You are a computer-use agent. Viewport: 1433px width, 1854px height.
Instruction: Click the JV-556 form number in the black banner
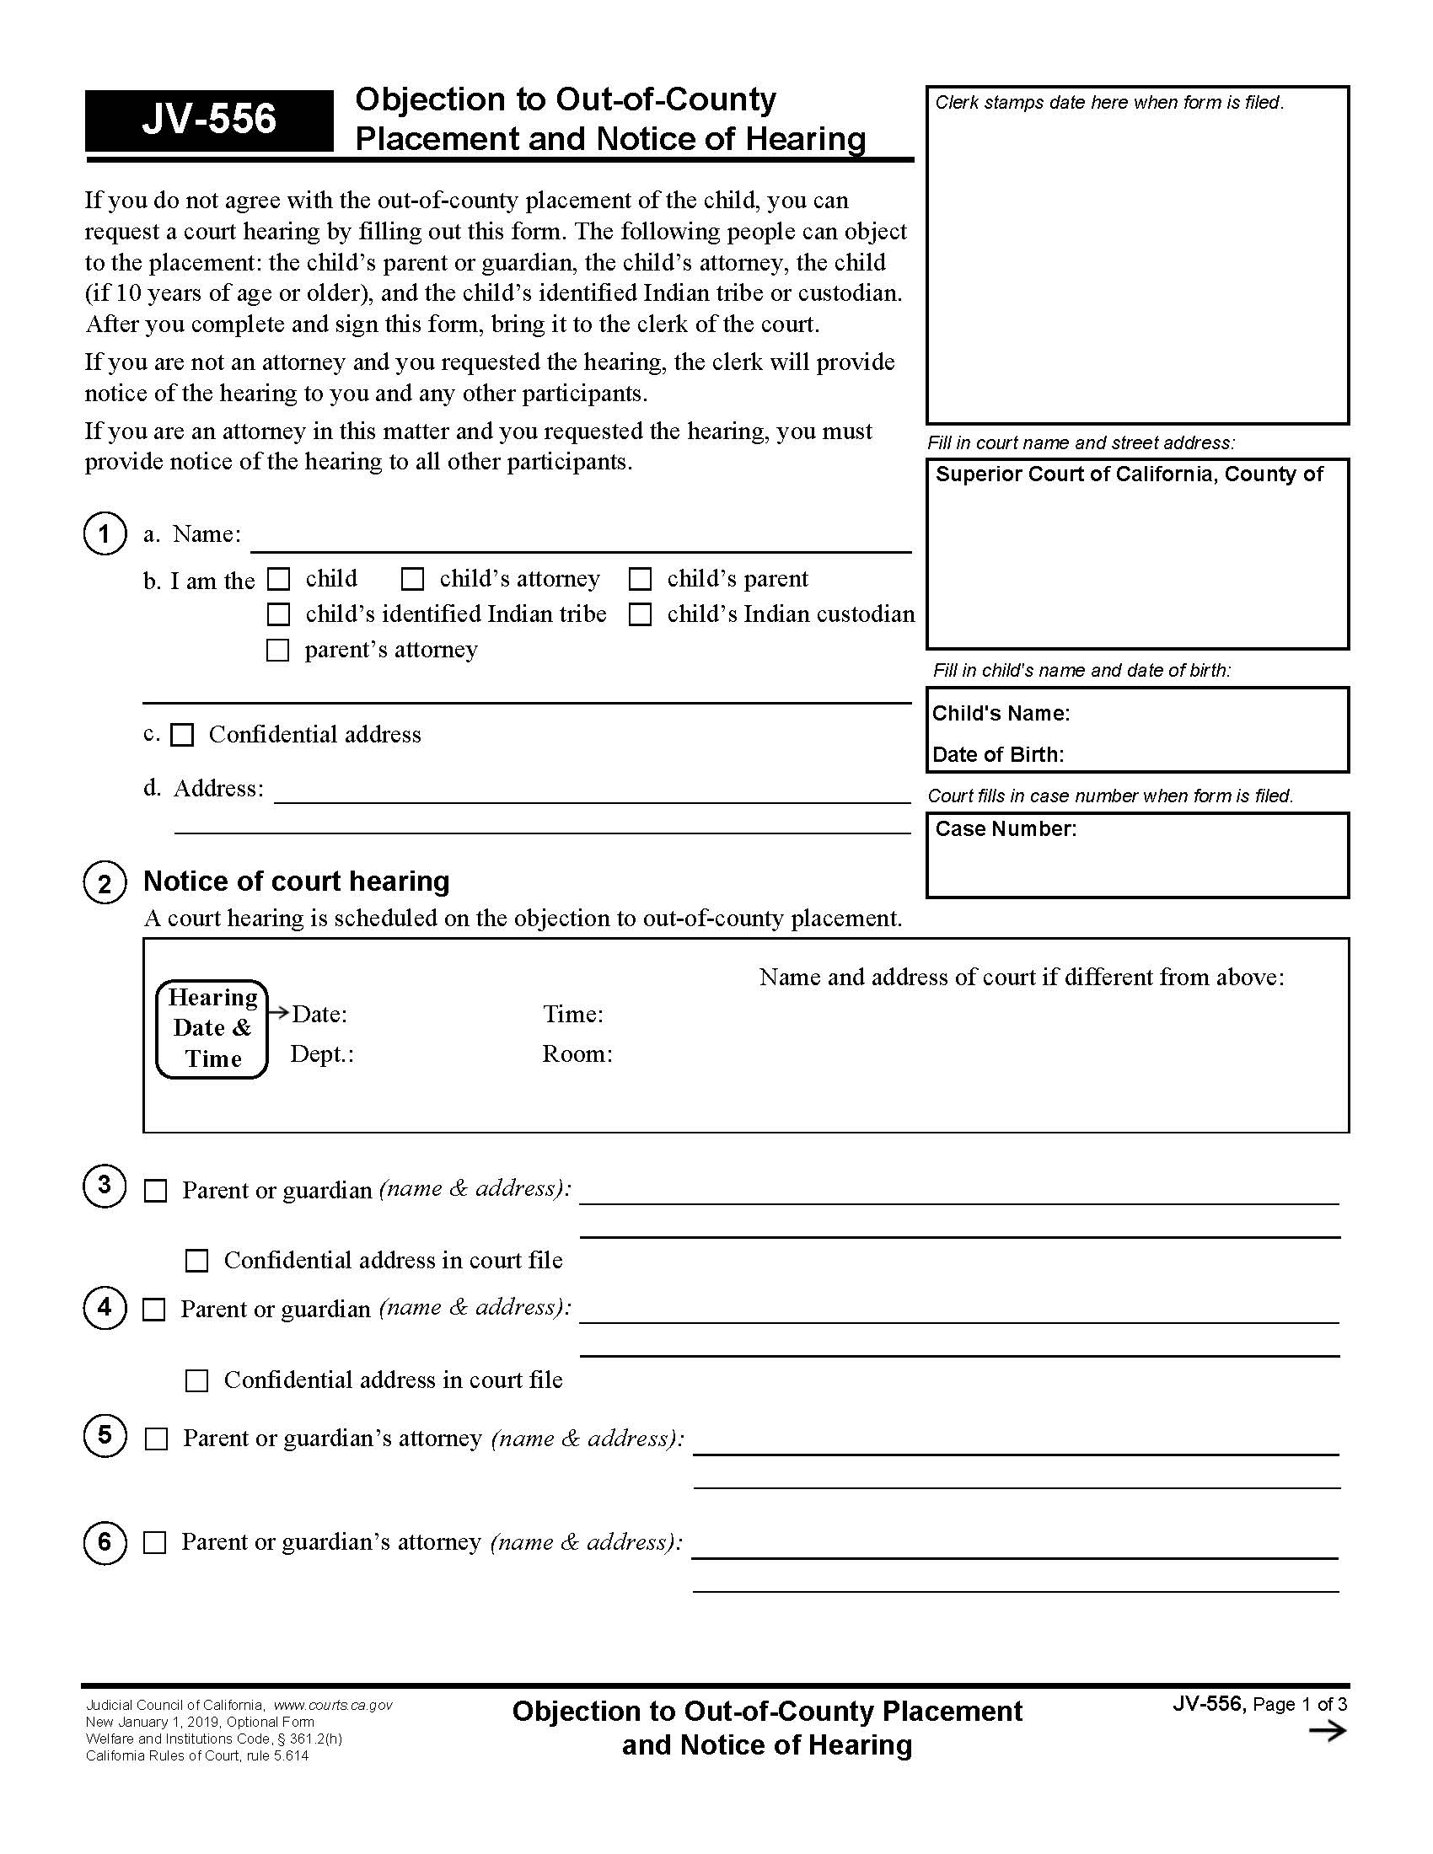point(209,120)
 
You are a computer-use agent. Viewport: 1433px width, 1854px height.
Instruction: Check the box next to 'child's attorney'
point(412,579)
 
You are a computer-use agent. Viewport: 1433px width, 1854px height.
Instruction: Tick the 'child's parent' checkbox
point(640,579)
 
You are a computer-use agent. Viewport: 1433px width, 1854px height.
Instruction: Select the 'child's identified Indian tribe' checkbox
point(278,614)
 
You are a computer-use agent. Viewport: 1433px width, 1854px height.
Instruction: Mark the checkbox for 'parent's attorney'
point(278,651)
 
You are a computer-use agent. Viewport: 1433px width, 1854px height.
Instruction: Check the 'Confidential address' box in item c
point(183,735)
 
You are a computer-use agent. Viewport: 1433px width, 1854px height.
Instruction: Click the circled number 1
point(105,534)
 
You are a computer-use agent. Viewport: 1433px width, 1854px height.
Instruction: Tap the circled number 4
point(105,1307)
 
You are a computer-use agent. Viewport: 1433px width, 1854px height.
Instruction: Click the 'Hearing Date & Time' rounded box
point(212,1029)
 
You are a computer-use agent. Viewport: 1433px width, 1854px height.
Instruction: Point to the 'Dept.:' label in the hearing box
point(322,1054)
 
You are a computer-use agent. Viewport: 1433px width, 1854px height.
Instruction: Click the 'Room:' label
point(577,1054)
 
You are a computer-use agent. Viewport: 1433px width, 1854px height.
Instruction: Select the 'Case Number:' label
point(1005,829)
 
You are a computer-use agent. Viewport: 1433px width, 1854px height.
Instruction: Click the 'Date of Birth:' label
point(997,755)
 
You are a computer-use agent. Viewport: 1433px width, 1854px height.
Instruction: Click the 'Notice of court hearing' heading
point(296,881)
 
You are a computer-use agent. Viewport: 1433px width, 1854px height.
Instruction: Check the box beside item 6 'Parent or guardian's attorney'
point(155,1542)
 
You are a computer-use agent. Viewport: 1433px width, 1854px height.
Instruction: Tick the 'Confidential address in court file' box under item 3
point(197,1261)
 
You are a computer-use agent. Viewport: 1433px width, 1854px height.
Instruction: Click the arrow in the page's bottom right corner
point(1328,1731)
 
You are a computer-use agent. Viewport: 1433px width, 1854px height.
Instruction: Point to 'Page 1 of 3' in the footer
point(1300,1705)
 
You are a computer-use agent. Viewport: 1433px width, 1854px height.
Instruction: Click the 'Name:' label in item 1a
point(207,534)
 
